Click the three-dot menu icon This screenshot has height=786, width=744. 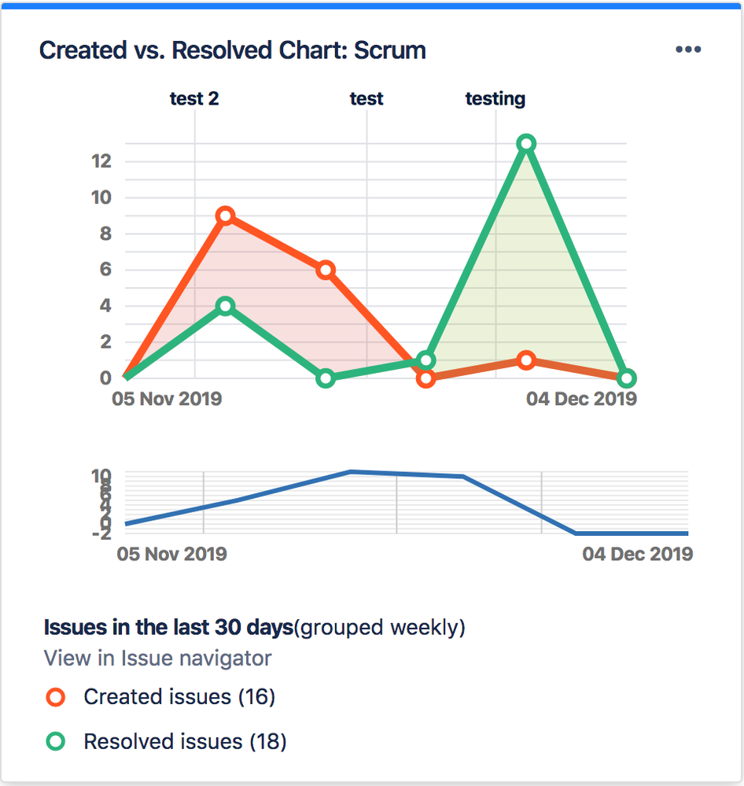click(688, 50)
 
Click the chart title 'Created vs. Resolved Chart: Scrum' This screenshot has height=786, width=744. click(232, 50)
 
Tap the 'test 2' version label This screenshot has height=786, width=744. click(194, 99)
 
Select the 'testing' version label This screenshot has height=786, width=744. click(495, 99)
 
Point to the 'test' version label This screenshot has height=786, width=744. click(366, 99)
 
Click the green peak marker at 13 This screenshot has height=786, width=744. click(526, 143)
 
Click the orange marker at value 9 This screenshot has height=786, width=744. click(226, 216)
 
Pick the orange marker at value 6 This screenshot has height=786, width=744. click(326, 270)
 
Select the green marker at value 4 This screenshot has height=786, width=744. click(226, 306)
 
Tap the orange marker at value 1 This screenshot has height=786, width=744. click(526, 360)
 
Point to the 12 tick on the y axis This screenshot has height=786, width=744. click(101, 161)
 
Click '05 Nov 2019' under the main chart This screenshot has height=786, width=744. click(167, 399)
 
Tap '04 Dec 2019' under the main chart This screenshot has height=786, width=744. click(581, 399)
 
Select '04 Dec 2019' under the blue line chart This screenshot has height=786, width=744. click(637, 554)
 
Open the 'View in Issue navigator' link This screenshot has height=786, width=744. click(157, 659)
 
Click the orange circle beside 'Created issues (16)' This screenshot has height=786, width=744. click(55, 697)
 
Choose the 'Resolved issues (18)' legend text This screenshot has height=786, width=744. click(185, 742)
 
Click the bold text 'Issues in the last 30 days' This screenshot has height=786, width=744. click(168, 628)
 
